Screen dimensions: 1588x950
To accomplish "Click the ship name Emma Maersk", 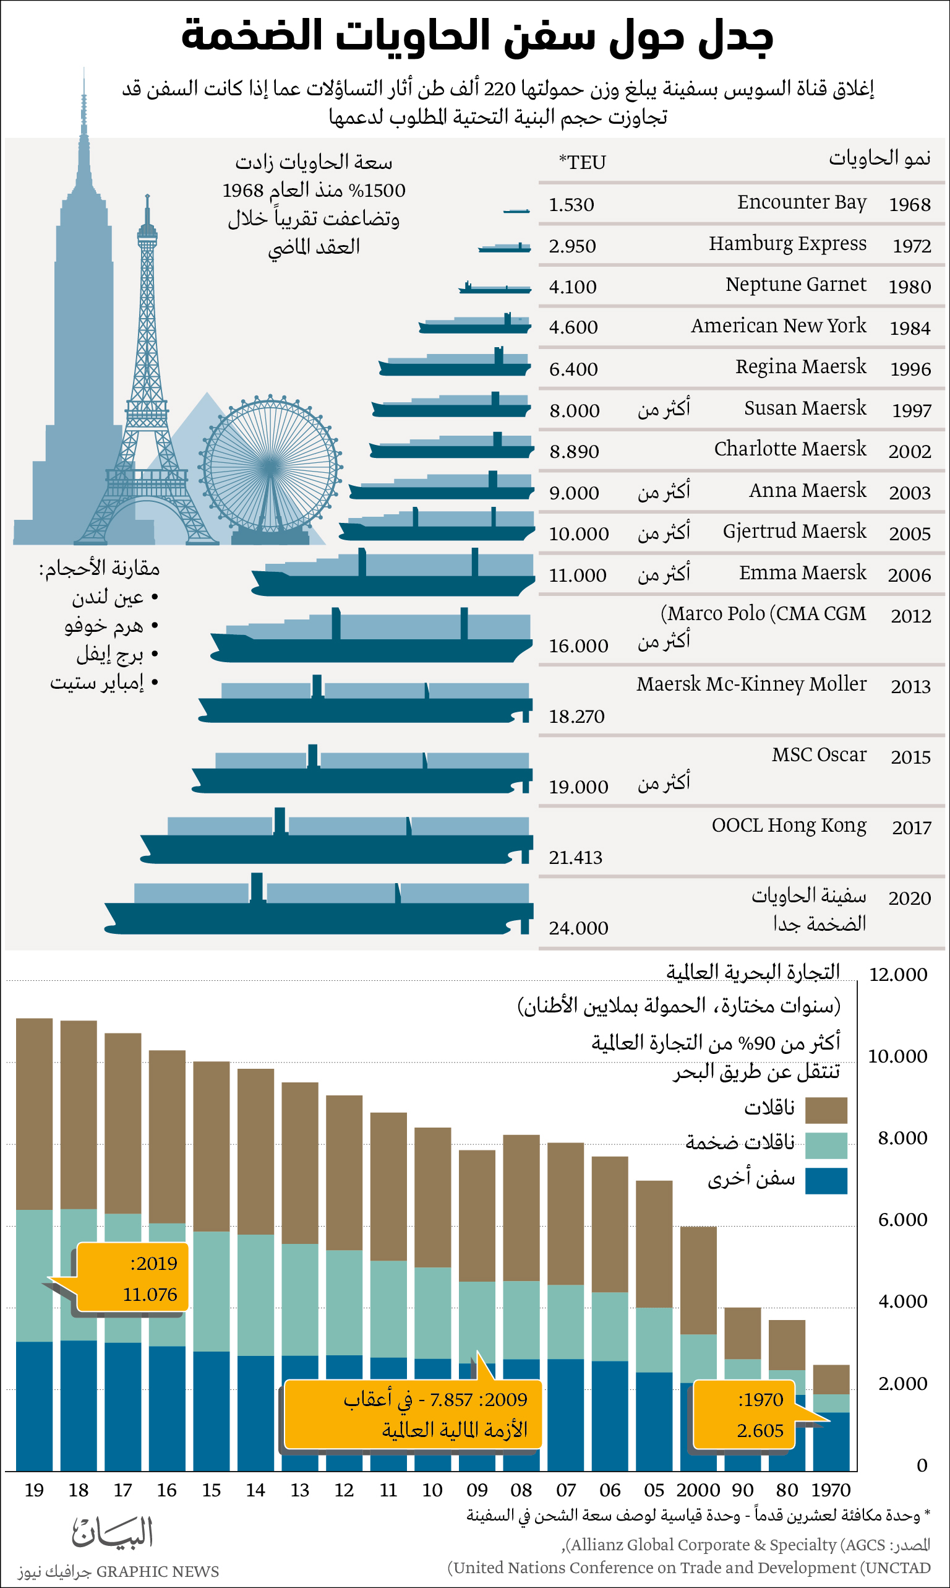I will tap(802, 572).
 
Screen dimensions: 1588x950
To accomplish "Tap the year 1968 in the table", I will tap(909, 204).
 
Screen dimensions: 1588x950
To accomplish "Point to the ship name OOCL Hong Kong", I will tap(789, 825).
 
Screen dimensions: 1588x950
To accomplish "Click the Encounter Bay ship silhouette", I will tap(516, 210).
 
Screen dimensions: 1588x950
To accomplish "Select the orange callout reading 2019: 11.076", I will tap(132, 1279).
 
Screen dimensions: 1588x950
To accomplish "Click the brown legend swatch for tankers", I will tap(825, 1110).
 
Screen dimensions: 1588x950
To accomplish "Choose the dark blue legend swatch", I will tap(825, 1180).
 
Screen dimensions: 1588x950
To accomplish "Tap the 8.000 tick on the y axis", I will tap(902, 1137).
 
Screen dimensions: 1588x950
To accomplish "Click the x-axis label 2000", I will tap(698, 1490).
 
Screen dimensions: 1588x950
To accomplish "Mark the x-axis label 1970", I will tap(830, 1490).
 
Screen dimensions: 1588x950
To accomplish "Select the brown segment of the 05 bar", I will tap(654, 1243).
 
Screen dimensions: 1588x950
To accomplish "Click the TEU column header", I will tap(582, 162).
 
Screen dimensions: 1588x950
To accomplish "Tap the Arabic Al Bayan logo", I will tap(113, 1532).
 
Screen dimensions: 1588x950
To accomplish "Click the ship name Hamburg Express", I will tap(787, 243).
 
